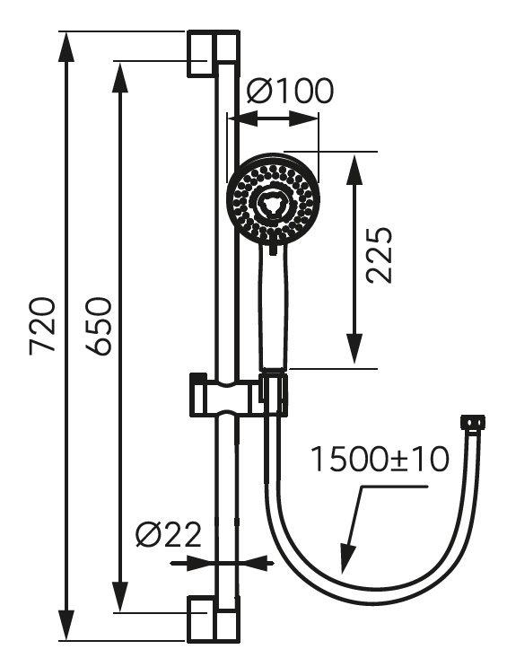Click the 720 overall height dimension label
(42, 325)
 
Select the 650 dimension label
(98, 326)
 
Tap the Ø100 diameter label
(291, 91)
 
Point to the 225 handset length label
(378, 255)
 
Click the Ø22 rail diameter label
(169, 534)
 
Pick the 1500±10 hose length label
(380, 460)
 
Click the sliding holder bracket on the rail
(238, 394)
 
